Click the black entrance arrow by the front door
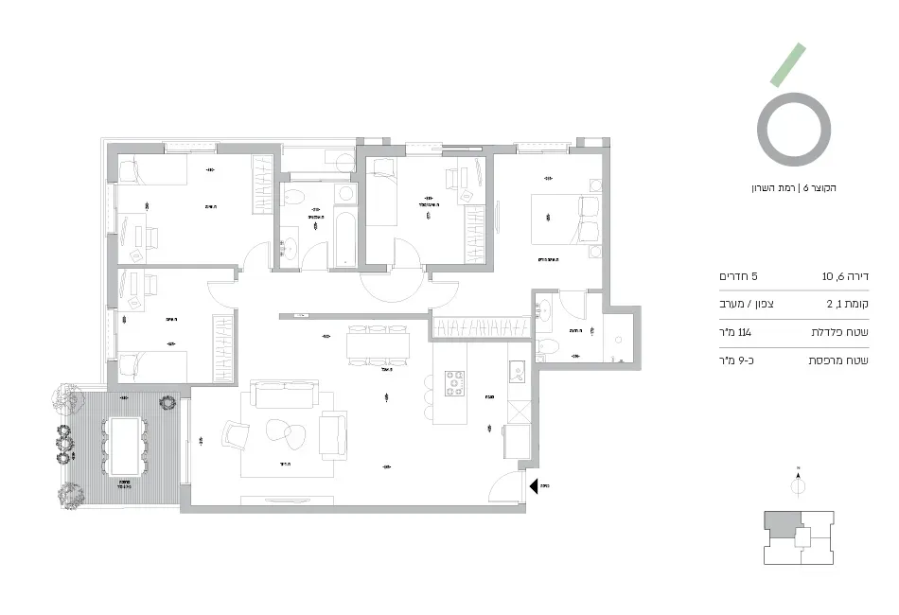tap(534, 486)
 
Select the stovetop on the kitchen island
tap(454, 382)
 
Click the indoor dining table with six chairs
tap(378, 345)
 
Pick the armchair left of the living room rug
tap(235, 436)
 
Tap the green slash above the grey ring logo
tap(786, 65)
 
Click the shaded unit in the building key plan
tap(782, 522)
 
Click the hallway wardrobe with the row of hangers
tap(479, 327)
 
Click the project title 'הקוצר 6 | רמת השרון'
tap(793, 187)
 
